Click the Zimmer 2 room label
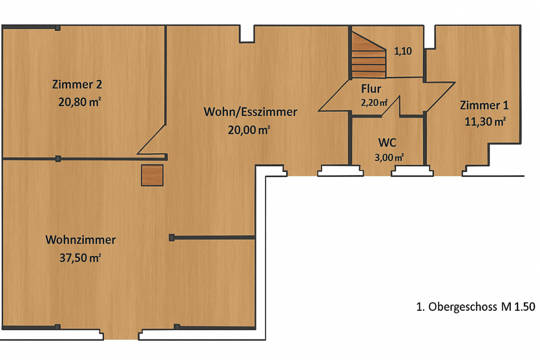pyautogui.click(x=77, y=84)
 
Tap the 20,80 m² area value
pyautogui.click(x=80, y=102)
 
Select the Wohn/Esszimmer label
pyautogui.click(x=250, y=112)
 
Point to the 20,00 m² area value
pyautogui.click(x=249, y=130)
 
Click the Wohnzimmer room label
pyautogui.click(x=81, y=240)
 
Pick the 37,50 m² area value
pyautogui.click(x=80, y=258)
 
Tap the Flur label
pyautogui.click(x=371, y=89)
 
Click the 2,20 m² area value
pyautogui.click(x=374, y=103)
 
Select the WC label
pyautogui.click(x=387, y=143)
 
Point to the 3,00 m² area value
pyautogui.click(x=389, y=158)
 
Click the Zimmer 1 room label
pyautogui.click(x=484, y=105)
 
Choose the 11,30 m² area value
pyautogui.click(x=485, y=122)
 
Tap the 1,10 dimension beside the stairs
pyautogui.click(x=403, y=51)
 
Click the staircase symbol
pyautogui.click(x=368, y=55)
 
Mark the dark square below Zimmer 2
pyautogui.click(x=152, y=175)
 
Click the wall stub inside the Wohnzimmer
pyautogui.click(x=212, y=238)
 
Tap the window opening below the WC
pyautogui.click(x=412, y=171)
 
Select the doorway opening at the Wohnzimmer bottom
pyautogui.click(x=121, y=334)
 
